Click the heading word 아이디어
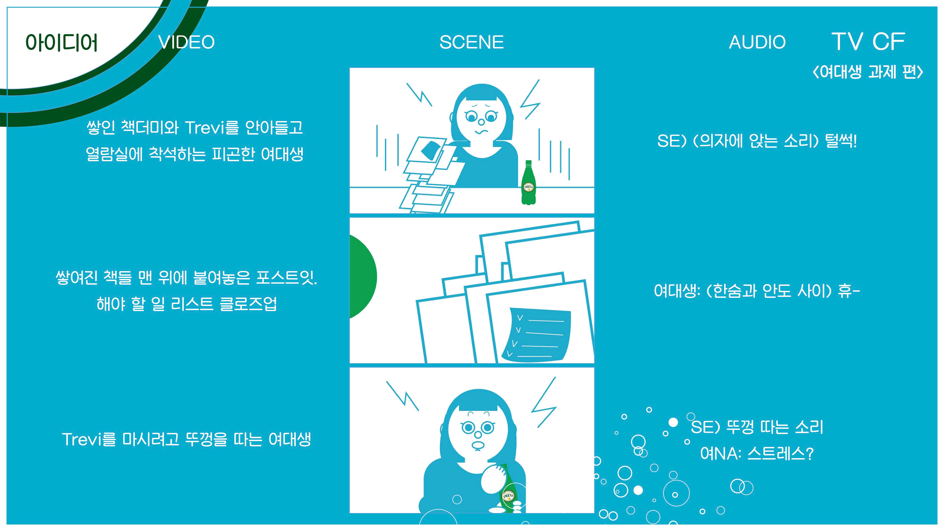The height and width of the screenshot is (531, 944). point(61,43)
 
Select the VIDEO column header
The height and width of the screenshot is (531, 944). point(187,42)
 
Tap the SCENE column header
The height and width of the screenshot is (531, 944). point(472,42)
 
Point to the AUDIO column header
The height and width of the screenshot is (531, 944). point(757,42)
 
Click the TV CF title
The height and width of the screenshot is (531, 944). point(868,41)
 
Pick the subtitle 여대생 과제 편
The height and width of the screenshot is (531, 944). point(868,72)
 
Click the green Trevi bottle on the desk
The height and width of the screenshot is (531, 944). point(528,182)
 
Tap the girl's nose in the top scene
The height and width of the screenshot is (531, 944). point(481,122)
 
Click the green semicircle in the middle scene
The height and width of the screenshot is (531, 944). point(363,277)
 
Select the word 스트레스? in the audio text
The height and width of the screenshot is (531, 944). point(781,454)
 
